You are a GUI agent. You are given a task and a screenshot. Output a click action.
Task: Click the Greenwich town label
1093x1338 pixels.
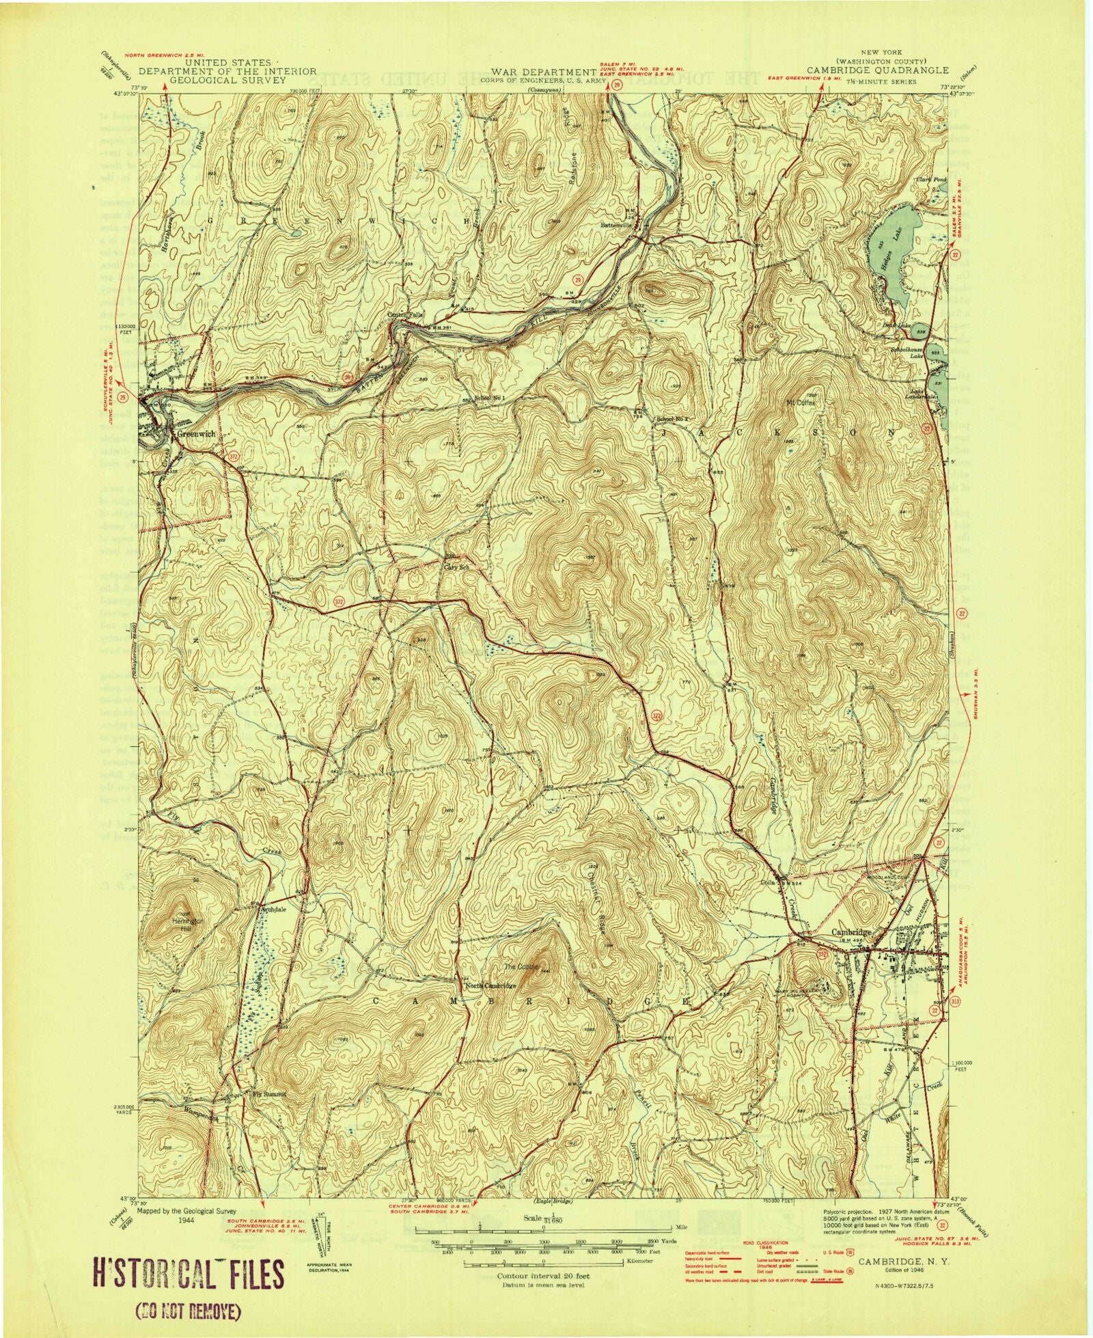pyautogui.click(x=196, y=434)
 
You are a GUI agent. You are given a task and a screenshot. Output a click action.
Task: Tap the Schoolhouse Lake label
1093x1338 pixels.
pyautogui.click(x=911, y=351)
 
